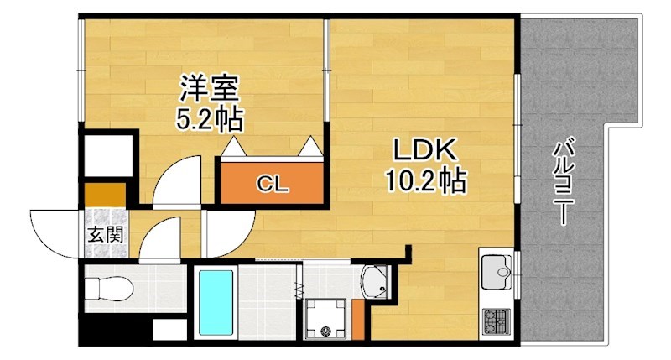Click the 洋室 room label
point(210,88)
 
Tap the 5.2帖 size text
point(210,119)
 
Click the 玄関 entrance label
point(104,233)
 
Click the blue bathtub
point(216,302)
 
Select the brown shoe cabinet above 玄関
point(106,194)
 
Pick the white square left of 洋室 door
point(109,154)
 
